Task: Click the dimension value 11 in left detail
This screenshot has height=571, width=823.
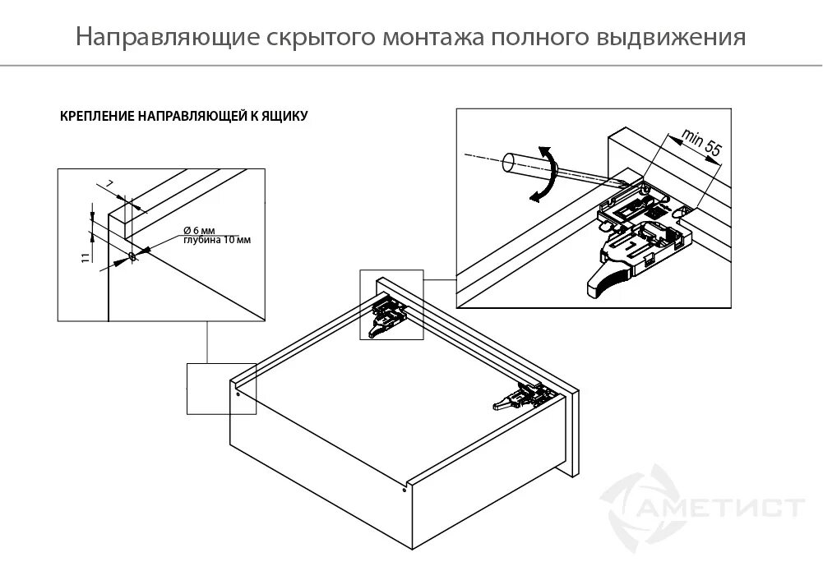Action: pos(85,258)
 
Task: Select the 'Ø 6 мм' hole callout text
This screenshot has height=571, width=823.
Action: pos(197,231)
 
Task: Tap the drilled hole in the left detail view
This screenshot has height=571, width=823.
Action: pos(131,257)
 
